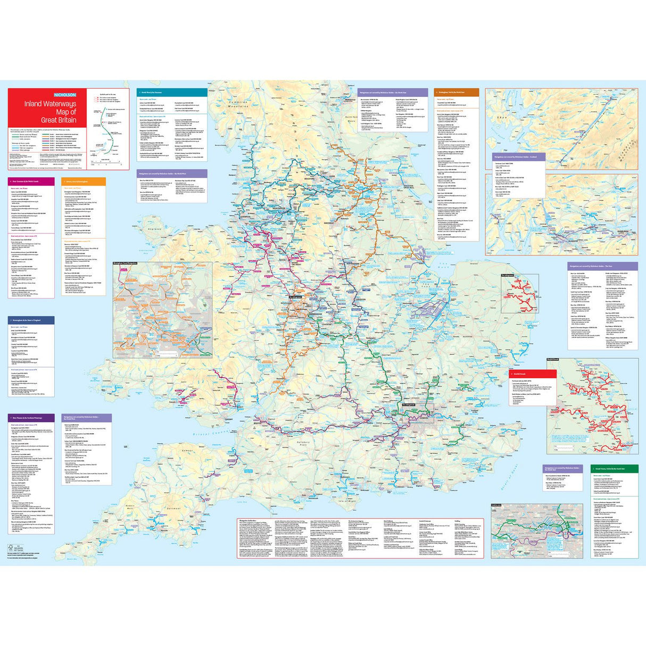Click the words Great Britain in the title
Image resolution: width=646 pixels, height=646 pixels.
pos(59,120)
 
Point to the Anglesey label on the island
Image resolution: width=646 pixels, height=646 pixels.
pos(156,229)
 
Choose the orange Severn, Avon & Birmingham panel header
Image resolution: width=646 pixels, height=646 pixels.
pos(83,181)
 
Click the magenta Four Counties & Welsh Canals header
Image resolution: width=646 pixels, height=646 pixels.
pos(31,181)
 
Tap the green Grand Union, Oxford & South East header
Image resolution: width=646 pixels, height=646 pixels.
pos(615,469)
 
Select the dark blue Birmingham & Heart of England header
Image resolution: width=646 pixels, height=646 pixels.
pos(31,320)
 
